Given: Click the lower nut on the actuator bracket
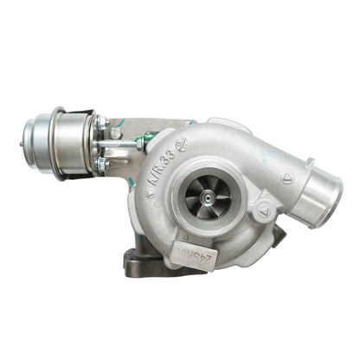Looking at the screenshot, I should (x=102, y=162).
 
